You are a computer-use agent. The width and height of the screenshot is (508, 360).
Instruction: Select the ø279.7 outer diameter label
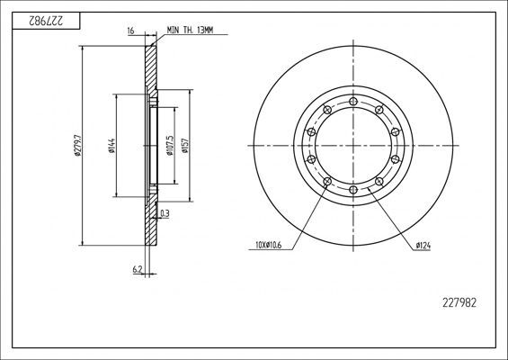(79, 143)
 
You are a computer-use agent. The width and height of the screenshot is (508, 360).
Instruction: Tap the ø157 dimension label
(184, 144)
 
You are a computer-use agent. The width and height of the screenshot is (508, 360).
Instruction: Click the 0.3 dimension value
(164, 213)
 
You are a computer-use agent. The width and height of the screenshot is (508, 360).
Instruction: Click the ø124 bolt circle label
(422, 243)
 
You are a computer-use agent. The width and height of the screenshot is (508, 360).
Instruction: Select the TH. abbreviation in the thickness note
(190, 31)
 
